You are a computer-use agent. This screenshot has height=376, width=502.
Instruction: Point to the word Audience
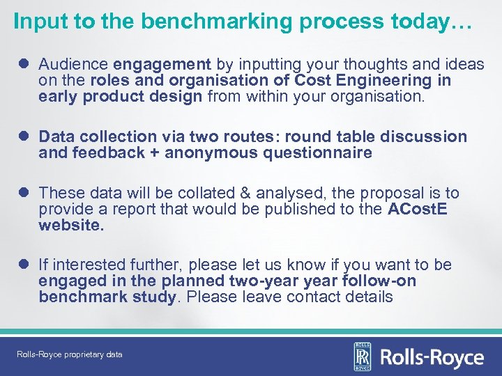coord(73,65)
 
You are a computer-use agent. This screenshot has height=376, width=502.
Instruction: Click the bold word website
coord(72,226)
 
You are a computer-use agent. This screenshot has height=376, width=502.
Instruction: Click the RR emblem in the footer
coord(362,357)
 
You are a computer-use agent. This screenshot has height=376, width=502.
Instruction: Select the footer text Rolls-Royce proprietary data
coord(70,354)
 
